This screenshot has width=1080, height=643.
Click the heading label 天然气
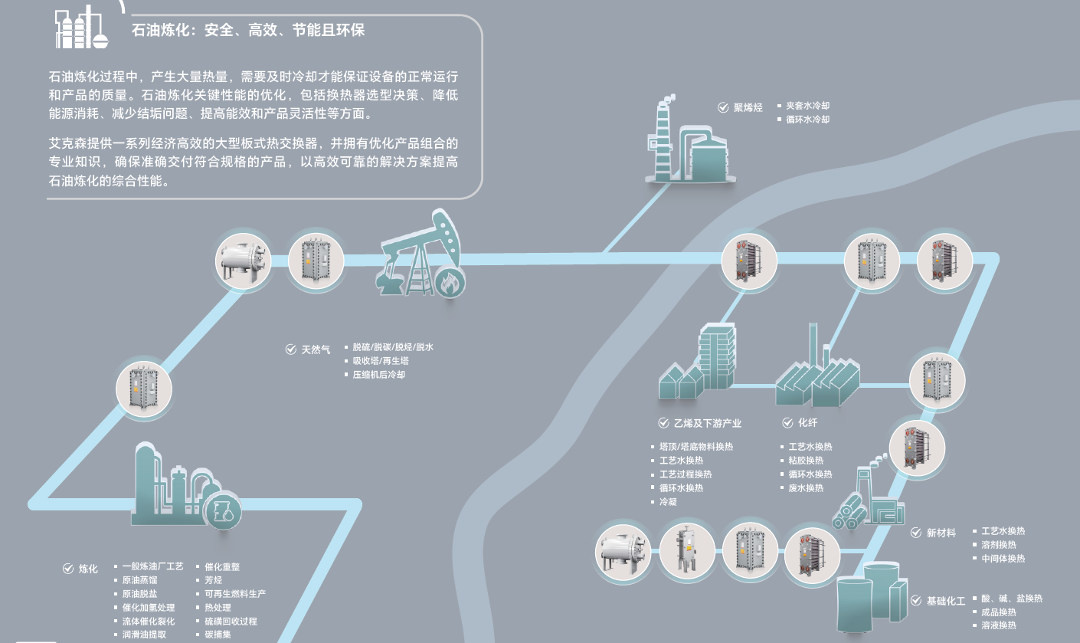(316, 349)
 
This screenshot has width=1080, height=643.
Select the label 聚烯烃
(748, 107)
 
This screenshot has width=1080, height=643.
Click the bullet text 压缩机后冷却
(378, 375)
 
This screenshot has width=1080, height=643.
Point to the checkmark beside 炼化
(68, 569)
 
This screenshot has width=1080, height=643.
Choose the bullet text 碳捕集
(218, 635)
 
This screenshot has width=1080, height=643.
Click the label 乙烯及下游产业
(707, 423)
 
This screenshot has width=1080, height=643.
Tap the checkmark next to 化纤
(788, 423)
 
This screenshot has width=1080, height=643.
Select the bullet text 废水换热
(806, 488)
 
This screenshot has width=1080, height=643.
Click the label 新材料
(941, 533)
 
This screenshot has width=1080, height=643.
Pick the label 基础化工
(945, 601)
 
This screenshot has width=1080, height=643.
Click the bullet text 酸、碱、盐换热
(1011, 599)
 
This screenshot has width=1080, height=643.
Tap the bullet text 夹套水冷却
(807, 106)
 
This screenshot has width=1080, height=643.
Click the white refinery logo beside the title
(80, 28)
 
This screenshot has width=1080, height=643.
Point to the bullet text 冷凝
(668, 502)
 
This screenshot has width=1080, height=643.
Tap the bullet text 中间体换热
(1003, 559)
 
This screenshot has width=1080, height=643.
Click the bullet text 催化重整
(222, 566)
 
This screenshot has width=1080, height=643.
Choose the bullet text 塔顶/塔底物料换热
(695, 447)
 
